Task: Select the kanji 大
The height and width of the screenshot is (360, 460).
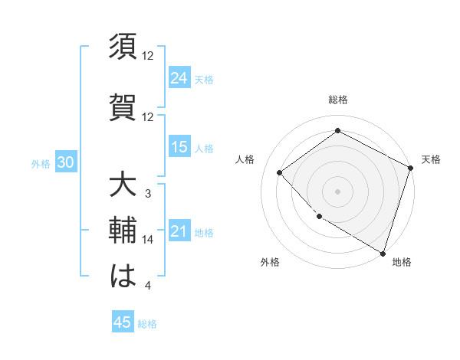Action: coord(123,186)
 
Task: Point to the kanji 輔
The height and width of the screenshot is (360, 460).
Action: coord(123,229)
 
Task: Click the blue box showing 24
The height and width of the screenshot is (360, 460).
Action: coord(179,77)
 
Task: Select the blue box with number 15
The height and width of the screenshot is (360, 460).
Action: coord(179,147)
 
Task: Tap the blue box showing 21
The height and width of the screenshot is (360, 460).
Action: coord(179,231)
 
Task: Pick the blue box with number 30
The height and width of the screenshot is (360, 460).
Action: coord(65,162)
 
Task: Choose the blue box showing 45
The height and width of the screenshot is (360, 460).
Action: coord(123,322)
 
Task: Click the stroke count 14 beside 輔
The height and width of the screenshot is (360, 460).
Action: coord(148,240)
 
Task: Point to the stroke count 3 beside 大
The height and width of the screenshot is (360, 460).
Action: coord(148,194)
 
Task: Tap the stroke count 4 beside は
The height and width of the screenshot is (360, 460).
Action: coord(148,286)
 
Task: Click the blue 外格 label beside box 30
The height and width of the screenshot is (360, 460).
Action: coord(41,163)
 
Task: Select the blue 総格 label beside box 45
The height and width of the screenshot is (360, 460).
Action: coord(147,324)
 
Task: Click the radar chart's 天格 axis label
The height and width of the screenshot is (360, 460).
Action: coord(431,159)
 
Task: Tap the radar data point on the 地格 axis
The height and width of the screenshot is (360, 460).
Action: coord(383,252)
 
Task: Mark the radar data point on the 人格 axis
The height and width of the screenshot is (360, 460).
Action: coord(280,172)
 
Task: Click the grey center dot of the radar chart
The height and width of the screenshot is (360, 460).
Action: coord(337,191)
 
